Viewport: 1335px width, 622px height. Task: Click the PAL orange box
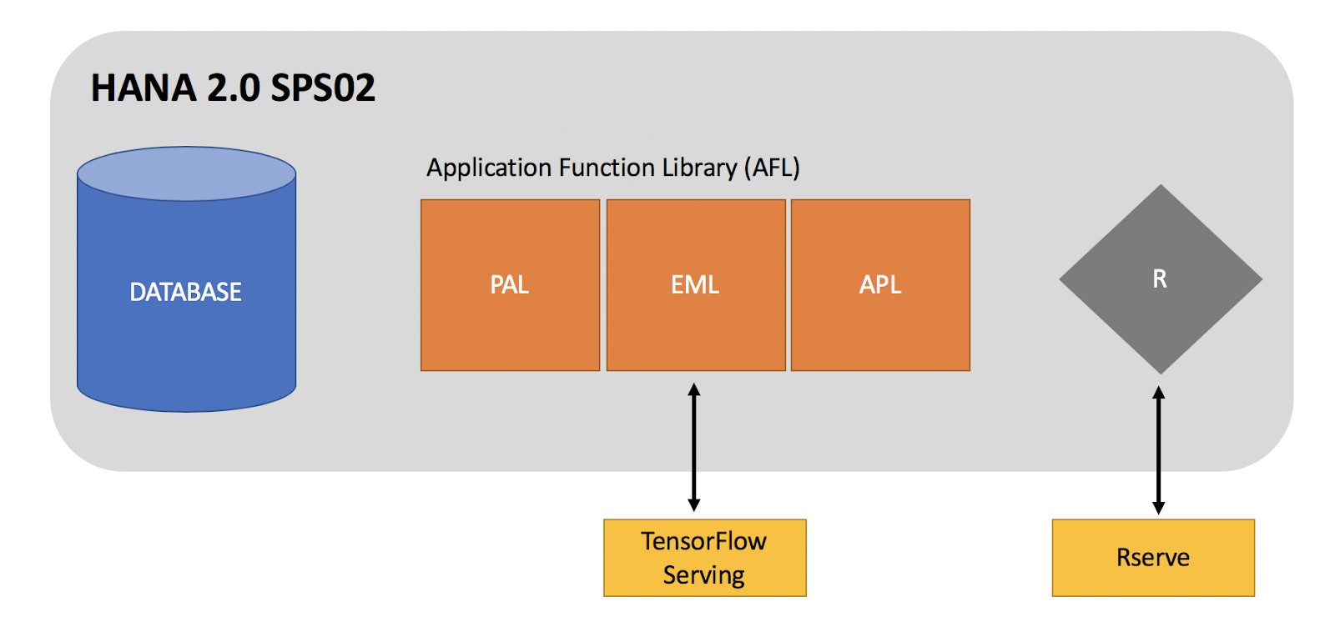(x=510, y=285)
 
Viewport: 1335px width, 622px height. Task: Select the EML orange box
(x=695, y=285)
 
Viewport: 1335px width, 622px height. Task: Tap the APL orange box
(x=880, y=285)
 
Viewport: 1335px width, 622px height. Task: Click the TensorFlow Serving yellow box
(x=704, y=558)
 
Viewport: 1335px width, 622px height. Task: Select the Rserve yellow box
(x=1152, y=558)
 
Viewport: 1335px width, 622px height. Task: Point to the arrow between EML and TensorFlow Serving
(x=693, y=448)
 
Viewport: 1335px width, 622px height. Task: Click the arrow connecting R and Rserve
(x=1158, y=450)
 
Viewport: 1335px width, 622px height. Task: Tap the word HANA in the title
(x=144, y=88)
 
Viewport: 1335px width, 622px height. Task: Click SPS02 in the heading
(x=323, y=88)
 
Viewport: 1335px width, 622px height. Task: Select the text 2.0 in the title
(x=234, y=88)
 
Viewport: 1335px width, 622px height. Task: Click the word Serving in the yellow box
(x=703, y=575)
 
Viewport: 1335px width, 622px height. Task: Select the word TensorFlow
(x=703, y=541)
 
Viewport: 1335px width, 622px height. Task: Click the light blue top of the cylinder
(x=186, y=173)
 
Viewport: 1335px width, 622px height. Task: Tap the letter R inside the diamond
(x=1160, y=278)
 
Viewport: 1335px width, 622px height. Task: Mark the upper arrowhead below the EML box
(x=693, y=389)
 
